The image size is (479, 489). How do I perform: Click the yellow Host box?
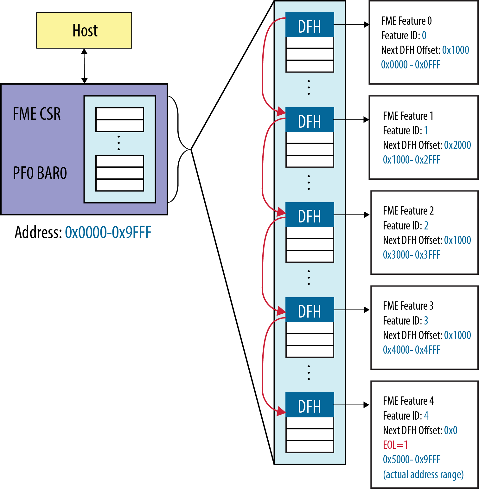(84, 30)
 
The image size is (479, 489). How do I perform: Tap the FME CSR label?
(37, 114)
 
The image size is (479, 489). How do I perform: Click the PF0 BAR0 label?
(40, 173)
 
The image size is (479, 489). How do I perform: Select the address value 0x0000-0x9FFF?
(108, 232)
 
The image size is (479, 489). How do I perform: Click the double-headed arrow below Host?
(84, 66)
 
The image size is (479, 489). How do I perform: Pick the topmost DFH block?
(310, 25)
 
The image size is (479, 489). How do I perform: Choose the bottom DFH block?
(310, 405)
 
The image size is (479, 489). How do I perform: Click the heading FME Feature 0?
(406, 21)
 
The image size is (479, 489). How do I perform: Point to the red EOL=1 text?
(395, 445)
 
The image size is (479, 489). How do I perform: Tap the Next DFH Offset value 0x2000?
(457, 145)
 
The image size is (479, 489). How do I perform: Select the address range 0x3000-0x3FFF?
(412, 255)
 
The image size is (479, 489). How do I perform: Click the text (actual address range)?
(423, 474)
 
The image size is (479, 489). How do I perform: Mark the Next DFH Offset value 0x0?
(450, 430)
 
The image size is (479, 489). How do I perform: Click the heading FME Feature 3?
(408, 306)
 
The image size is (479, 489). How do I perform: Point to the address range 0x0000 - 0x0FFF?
(411, 65)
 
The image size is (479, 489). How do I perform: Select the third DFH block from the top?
(310, 215)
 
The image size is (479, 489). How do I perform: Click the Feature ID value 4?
(426, 415)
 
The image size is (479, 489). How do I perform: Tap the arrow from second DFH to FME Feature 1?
(352, 120)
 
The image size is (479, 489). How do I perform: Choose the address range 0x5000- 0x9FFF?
(412, 460)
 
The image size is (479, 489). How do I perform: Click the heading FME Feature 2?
(408, 211)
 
